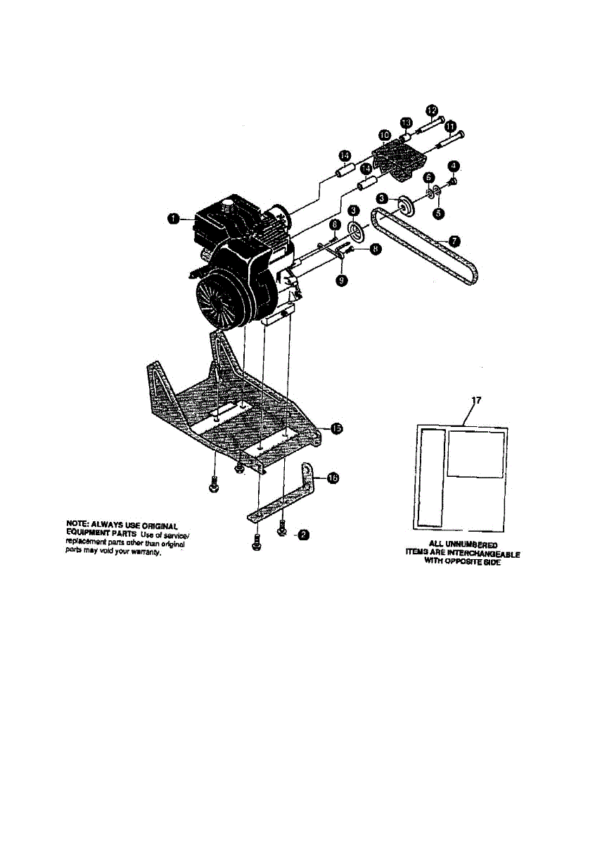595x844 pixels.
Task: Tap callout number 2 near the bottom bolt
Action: click(302, 535)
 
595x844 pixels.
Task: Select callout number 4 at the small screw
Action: click(454, 166)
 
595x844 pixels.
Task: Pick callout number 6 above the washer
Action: click(428, 178)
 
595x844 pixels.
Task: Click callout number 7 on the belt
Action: click(454, 241)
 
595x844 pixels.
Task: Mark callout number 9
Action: click(342, 280)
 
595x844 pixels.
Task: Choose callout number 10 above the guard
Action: click(384, 134)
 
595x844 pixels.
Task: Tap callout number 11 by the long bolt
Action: click(450, 127)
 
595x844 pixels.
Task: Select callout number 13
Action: click(407, 124)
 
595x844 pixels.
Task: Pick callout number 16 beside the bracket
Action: click(333, 478)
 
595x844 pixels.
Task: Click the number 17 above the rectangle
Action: click(475, 401)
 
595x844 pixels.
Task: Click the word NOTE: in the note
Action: click(75, 525)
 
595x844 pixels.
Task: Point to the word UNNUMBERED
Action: click(473, 545)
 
